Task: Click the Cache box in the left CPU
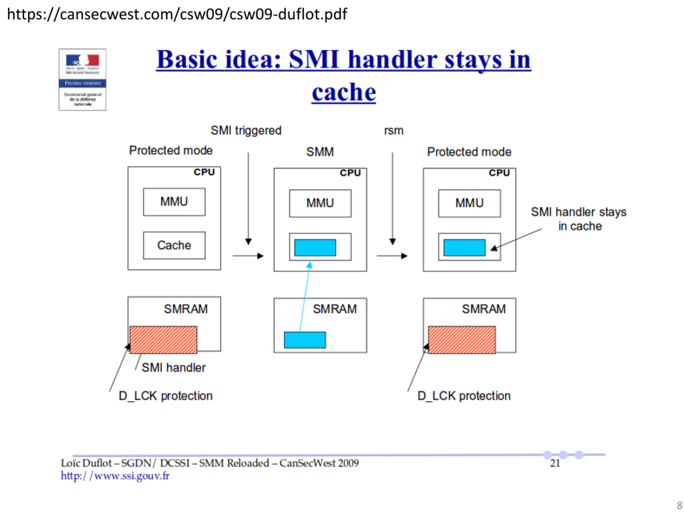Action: click(x=174, y=245)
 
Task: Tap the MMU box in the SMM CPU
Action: click(x=320, y=203)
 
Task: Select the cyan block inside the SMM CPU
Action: click(x=315, y=247)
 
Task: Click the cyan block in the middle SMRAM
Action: click(x=305, y=340)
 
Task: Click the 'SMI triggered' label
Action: click(x=246, y=130)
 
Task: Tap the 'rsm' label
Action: click(x=394, y=130)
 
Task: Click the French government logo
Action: click(x=83, y=79)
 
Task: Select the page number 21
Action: click(x=555, y=463)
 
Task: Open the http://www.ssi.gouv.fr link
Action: click(x=115, y=476)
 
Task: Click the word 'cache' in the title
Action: click(x=344, y=92)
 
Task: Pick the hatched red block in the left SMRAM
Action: click(x=163, y=340)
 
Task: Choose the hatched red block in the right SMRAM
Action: click(x=462, y=340)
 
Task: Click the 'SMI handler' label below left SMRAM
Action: click(x=173, y=368)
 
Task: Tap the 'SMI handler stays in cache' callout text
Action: click(x=578, y=219)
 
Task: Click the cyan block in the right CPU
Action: click(x=464, y=247)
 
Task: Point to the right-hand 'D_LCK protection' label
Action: click(x=464, y=396)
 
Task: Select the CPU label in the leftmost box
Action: click(x=204, y=172)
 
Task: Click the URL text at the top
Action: click(x=177, y=14)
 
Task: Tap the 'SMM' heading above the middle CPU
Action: click(x=320, y=152)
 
